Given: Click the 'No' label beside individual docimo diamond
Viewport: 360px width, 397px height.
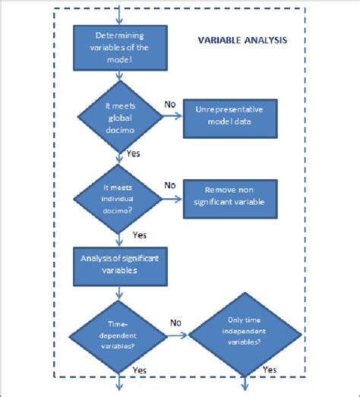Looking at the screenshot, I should click(170, 184).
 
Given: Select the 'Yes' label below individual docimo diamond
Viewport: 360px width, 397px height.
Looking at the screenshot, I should click(139, 235).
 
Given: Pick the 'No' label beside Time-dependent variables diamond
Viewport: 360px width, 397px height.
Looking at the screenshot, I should click(176, 322).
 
